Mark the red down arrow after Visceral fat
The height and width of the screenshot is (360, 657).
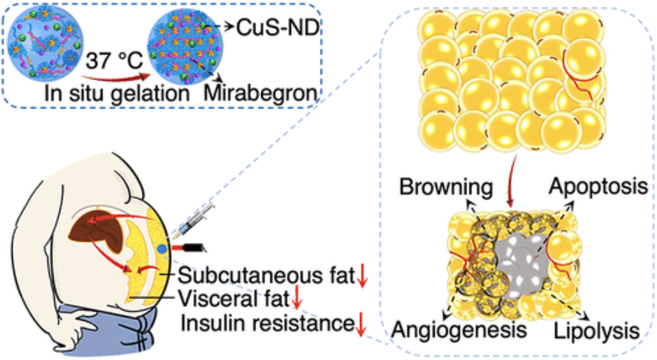click(x=297, y=300)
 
